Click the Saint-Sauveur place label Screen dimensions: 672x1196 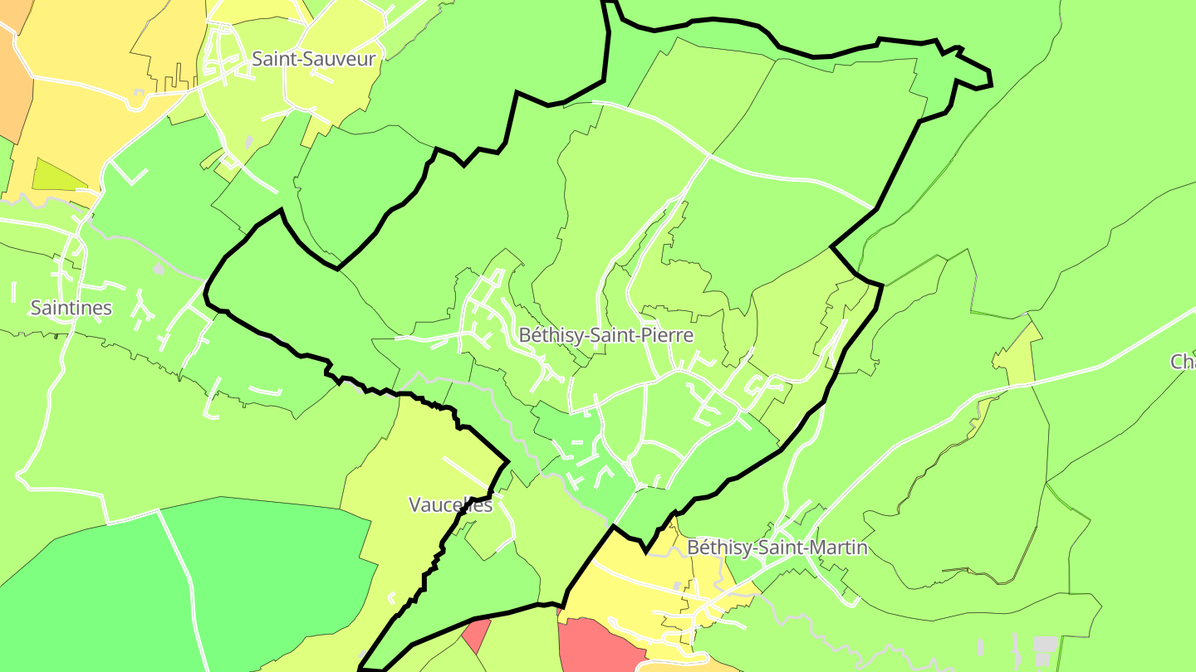[x=313, y=59]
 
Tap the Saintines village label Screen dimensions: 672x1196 [x=71, y=308]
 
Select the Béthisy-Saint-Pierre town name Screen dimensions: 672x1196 [x=605, y=335]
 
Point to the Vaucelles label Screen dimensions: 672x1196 [x=451, y=504]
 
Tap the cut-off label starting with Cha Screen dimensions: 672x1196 [x=1183, y=362]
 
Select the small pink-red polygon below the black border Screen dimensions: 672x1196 [x=476, y=635]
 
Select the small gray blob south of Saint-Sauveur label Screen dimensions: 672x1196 [x=249, y=141]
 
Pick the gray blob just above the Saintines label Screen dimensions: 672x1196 [x=159, y=270]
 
